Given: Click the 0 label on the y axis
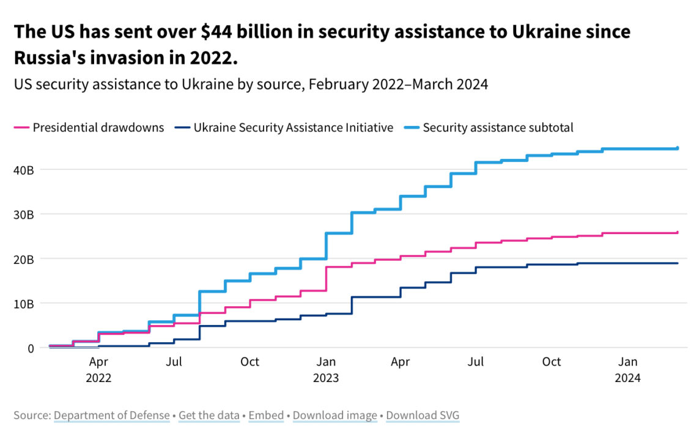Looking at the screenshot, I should coord(29,348).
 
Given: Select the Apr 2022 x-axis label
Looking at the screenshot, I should coord(98,369).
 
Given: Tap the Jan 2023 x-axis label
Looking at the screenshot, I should coord(325,369).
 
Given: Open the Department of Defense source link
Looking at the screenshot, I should coord(112,416).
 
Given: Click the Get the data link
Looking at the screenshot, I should coord(209,416).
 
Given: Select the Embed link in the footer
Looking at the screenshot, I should coord(266,416).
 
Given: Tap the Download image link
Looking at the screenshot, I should coord(335,416).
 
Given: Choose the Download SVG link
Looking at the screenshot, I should coord(423,416).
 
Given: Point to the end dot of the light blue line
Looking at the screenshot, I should coord(677,148).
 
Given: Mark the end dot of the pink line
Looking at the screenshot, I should coord(677,232).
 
